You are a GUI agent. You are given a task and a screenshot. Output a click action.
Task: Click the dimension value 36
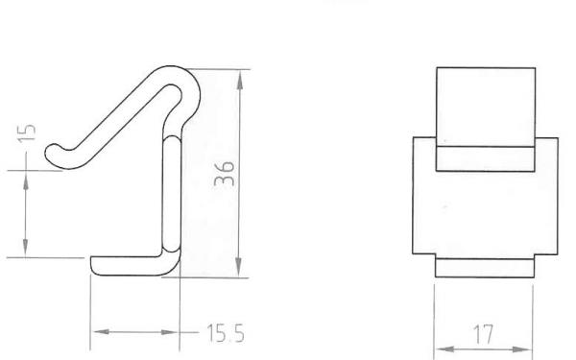(225, 174)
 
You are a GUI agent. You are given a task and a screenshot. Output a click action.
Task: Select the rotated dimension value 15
(27, 132)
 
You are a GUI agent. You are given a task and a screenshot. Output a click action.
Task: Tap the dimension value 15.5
(226, 333)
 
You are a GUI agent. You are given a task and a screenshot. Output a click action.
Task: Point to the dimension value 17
(484, 334)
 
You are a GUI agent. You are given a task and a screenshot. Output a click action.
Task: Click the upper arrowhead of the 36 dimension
(240, 81)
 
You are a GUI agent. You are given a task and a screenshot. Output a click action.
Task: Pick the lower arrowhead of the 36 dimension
(239, 267)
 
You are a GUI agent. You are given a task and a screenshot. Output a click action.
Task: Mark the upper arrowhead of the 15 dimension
(26, 180)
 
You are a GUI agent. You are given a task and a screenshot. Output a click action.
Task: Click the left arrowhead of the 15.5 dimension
(102, 332)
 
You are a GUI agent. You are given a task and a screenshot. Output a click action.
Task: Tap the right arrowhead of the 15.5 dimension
(169, 332)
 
